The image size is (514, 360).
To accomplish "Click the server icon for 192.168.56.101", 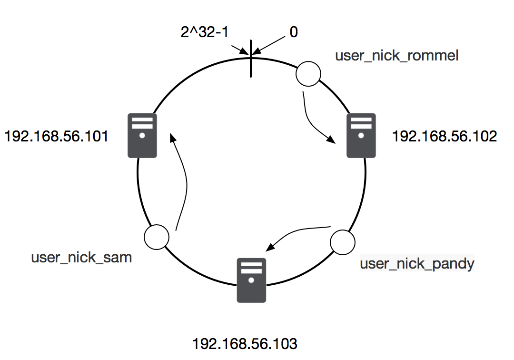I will tap(142, 136).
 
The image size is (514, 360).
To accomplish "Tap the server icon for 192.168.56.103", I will tap(251, 280).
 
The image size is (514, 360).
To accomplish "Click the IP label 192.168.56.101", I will tap(56, 137).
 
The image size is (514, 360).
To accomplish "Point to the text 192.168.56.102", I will tap(444, 137).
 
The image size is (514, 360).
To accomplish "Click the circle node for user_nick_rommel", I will tap(308, 74).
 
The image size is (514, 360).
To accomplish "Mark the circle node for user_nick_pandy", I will tap(343, 242).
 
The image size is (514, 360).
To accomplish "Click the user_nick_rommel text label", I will tap(396, 56).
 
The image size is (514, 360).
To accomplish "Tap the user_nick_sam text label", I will tap(81, 258).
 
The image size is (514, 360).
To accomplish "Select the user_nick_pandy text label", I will tap(417, 263).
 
